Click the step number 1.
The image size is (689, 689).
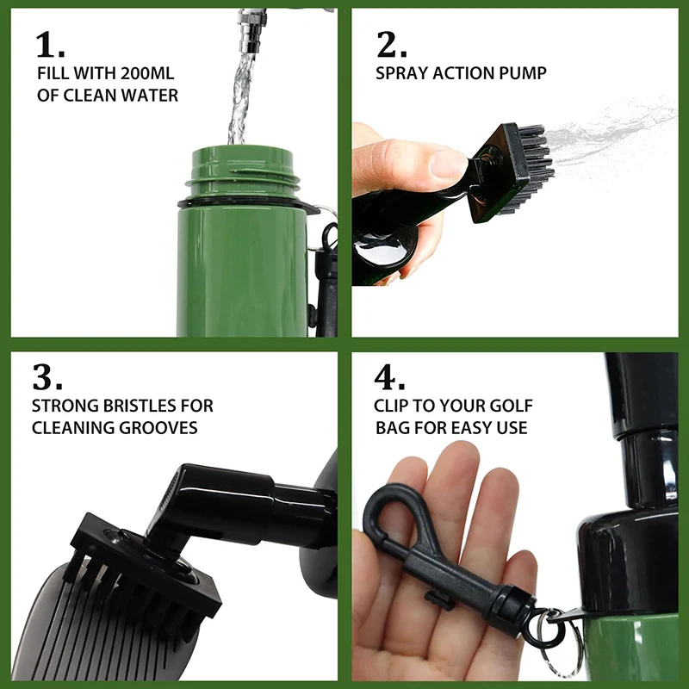coord(50,46)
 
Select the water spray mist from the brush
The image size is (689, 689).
coord(611,129)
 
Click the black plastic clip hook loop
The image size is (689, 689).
coord(396,517)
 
